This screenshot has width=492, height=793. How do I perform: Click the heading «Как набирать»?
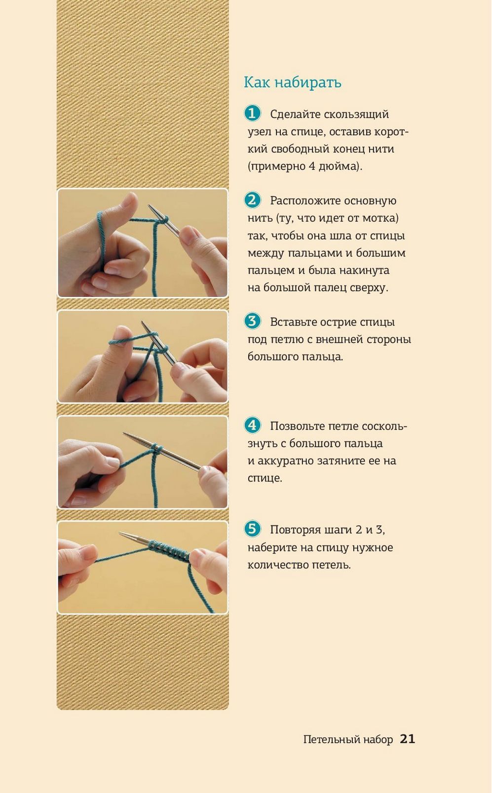point(293,82)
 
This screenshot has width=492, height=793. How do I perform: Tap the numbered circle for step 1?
point(252,113)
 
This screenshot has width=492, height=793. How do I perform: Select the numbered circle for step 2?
point(252,200)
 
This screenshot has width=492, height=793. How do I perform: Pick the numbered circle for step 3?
point(252,322)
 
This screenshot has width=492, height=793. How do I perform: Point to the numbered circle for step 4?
point(252,425)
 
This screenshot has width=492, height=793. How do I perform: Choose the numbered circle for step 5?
point(252,529)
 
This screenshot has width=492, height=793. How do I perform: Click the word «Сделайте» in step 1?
point(296,114)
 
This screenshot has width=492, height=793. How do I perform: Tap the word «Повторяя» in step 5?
point(296,530)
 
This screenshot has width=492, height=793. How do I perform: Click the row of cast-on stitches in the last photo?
point(169,551)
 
